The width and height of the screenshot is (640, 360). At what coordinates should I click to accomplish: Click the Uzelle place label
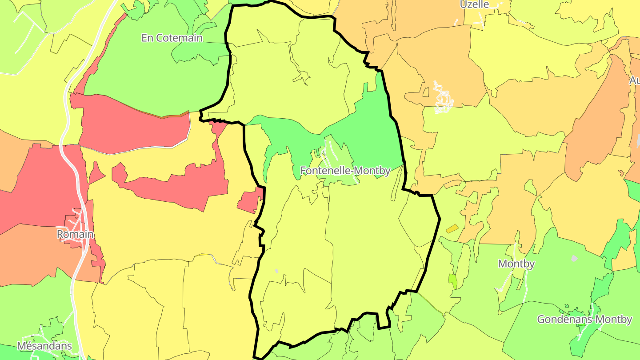pyautogui.click(x=474, y=4)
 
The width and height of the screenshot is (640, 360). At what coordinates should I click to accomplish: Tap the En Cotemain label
pyautogui.click(x=172, y=38)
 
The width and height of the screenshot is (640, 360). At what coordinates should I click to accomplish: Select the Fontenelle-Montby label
pyautogui.click(x=345, y=171)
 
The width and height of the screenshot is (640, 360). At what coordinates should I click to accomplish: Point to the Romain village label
pyautogui.click(x=75, y=234)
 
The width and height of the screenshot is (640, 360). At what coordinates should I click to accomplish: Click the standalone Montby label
pyautogui.click(x=516, y=264)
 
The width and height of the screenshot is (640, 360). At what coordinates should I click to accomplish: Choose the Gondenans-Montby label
pyautogui.click(x=584, y=320)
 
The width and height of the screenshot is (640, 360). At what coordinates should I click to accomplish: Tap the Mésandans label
pyautogui.click(x=44, y=346)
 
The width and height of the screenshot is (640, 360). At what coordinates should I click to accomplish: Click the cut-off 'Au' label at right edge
pyautogui.click(x=635, y=80)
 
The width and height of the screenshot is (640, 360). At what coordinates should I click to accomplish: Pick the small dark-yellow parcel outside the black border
pyautogui.click(x=452, y=229)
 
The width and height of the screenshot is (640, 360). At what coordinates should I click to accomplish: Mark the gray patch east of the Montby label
pyautogui.click(x=574, y=258)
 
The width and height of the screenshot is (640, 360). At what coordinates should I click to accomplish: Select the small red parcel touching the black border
pyautogui.click(x=250, y=201)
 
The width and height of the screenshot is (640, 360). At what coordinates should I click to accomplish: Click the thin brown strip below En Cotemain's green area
pyautogui.click(x=173, y=115)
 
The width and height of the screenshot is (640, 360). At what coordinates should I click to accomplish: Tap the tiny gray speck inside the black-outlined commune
pyautogui.click(x=276, y=271)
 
